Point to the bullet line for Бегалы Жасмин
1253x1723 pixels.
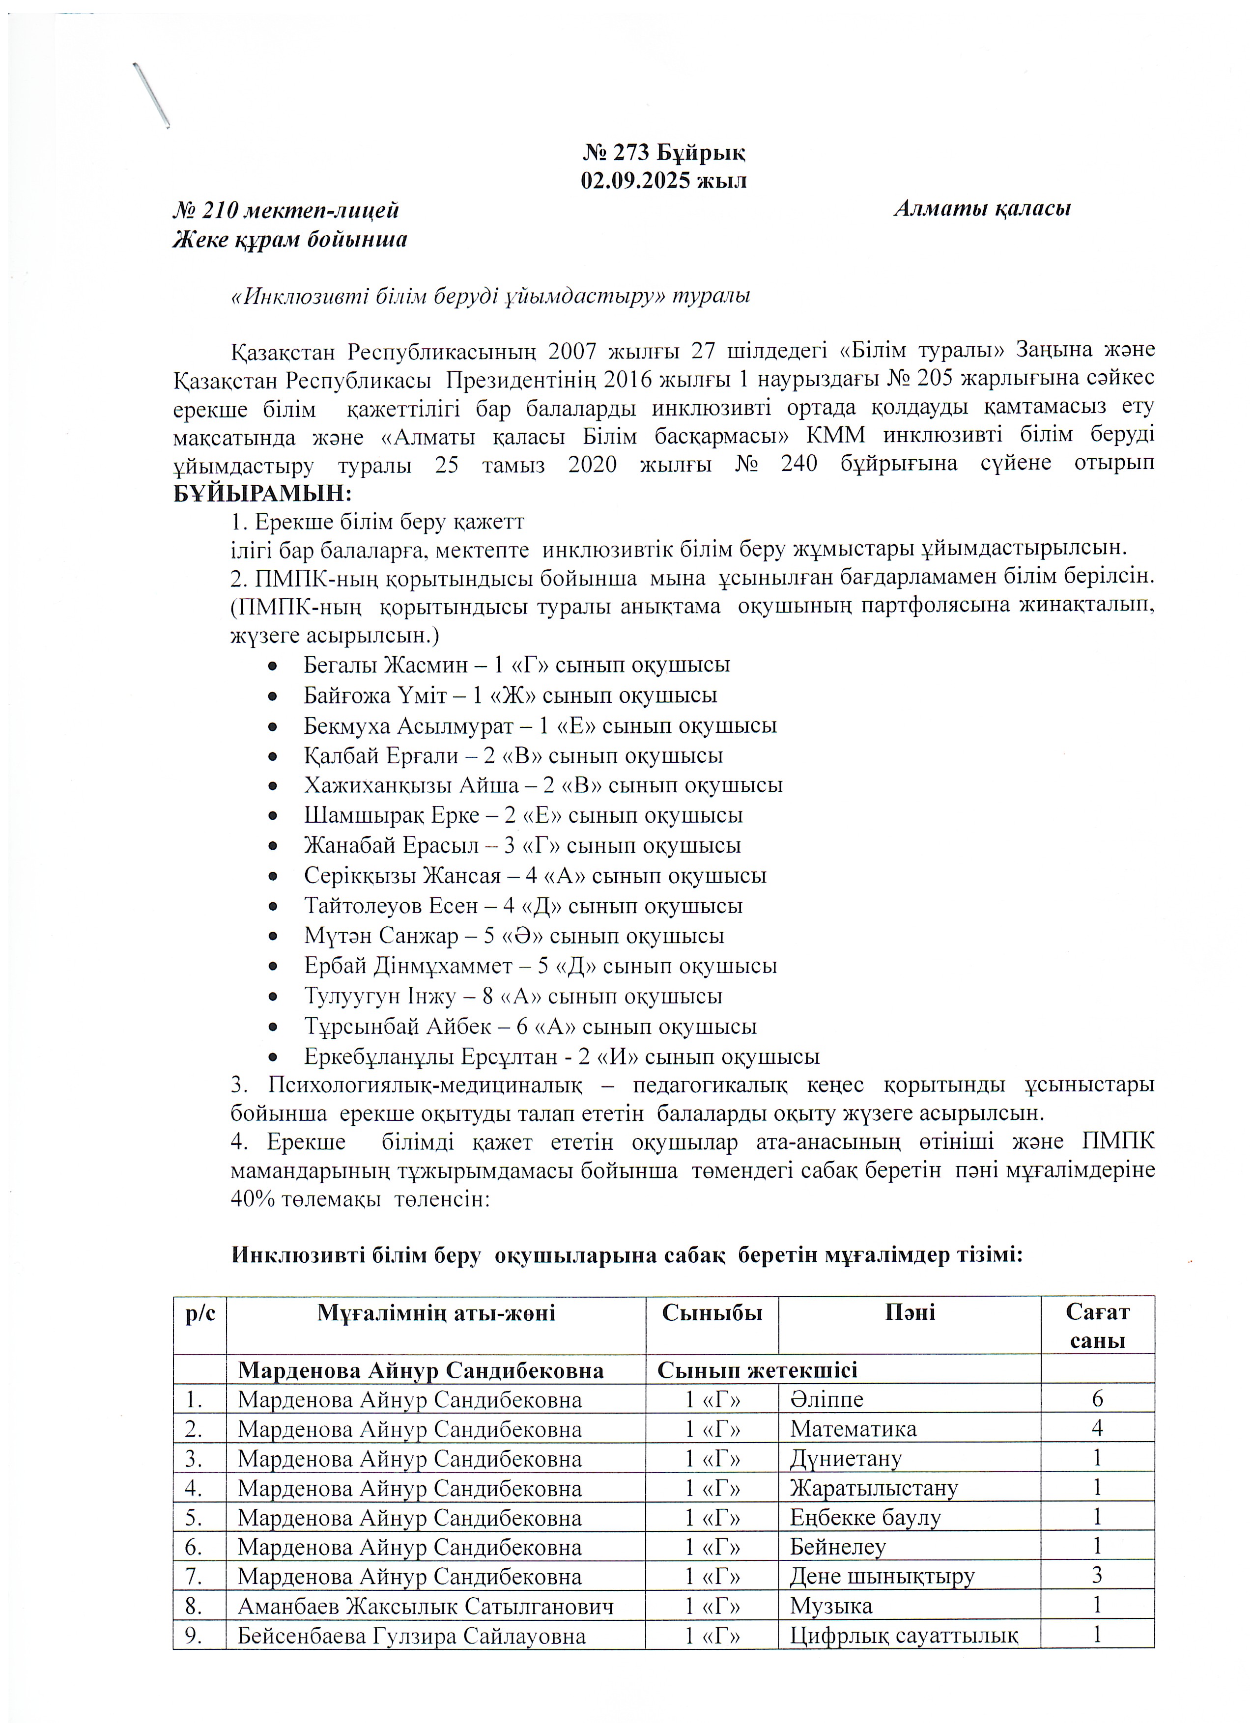[x=517, y=665]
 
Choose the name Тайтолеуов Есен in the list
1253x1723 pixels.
[x=366, y=906]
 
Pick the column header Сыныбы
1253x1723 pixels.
[x=711, y=1312]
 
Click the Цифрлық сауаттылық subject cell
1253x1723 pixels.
[x=904, y=1636]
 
